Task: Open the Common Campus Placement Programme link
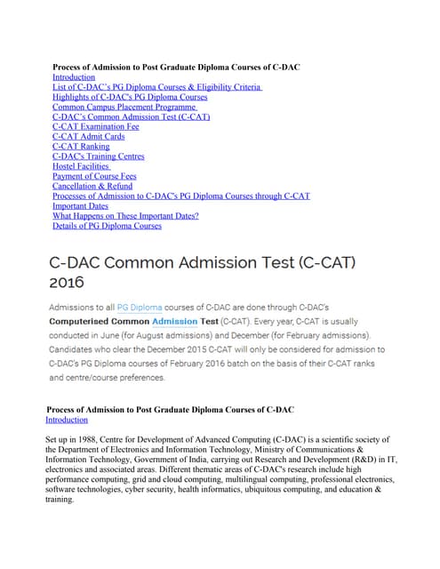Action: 124,107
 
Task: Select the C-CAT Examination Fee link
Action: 96,126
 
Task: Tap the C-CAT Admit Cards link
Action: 89,136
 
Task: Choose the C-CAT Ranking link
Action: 82,146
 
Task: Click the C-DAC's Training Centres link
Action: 99,156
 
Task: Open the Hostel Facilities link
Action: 82,165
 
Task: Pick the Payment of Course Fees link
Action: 94,176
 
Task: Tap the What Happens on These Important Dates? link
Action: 125,215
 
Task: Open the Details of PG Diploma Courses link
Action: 107,226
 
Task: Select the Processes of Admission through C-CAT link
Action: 181,196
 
